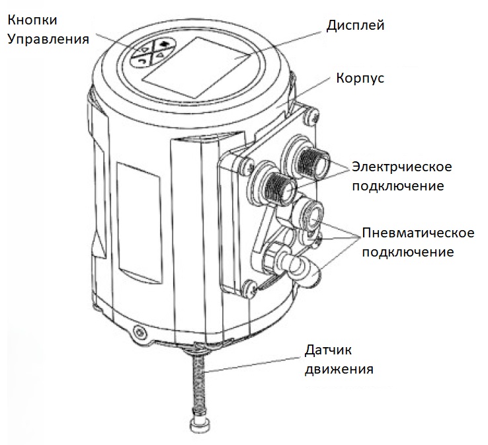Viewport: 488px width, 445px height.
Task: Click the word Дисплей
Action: [355, 26]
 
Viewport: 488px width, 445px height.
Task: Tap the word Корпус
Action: [360, 78]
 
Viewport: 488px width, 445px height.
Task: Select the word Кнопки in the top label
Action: [32, 20]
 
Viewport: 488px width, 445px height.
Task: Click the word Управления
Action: [48, 40]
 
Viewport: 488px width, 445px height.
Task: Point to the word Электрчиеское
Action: [402, 167]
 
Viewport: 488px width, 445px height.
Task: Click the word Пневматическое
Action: [419, 233]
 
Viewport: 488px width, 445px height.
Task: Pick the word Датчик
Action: [328, 350]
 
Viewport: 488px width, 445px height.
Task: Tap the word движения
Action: [339, 370]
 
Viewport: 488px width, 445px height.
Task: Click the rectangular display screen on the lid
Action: [196, 67]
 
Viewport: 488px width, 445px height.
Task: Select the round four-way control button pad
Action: [152, 52]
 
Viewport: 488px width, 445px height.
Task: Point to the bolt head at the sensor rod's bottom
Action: [197, 424]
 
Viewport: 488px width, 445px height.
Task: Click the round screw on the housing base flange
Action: [138, 331]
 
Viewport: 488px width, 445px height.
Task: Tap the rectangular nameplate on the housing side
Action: [140, 222]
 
